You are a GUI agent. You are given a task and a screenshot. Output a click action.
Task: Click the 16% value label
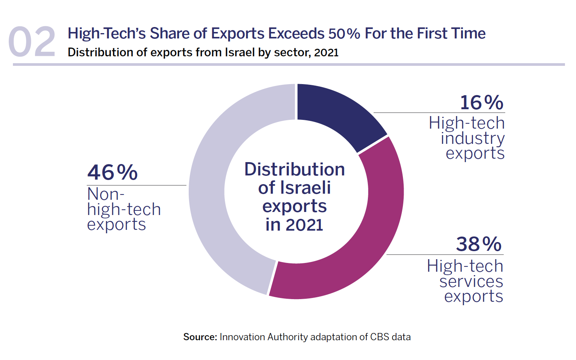[481, 103]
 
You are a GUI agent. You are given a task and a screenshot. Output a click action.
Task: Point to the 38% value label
[479, 244]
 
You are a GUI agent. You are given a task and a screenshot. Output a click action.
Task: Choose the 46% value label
[112, 172]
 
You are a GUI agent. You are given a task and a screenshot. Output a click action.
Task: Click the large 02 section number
[32, 42]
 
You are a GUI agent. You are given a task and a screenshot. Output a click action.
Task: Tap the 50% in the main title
[344, 33]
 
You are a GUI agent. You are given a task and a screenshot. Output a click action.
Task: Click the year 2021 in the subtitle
[326, 53]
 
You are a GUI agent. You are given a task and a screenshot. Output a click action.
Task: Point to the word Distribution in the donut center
[294, 169]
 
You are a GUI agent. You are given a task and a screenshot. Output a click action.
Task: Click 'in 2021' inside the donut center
[294, 225]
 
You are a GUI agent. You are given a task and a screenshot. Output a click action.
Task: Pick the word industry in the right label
[473, 138]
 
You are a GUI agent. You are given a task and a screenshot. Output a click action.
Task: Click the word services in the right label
[471, 282]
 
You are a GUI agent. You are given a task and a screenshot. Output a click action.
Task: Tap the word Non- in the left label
[105, 194]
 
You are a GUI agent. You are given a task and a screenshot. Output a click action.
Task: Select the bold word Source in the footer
[200, 337]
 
